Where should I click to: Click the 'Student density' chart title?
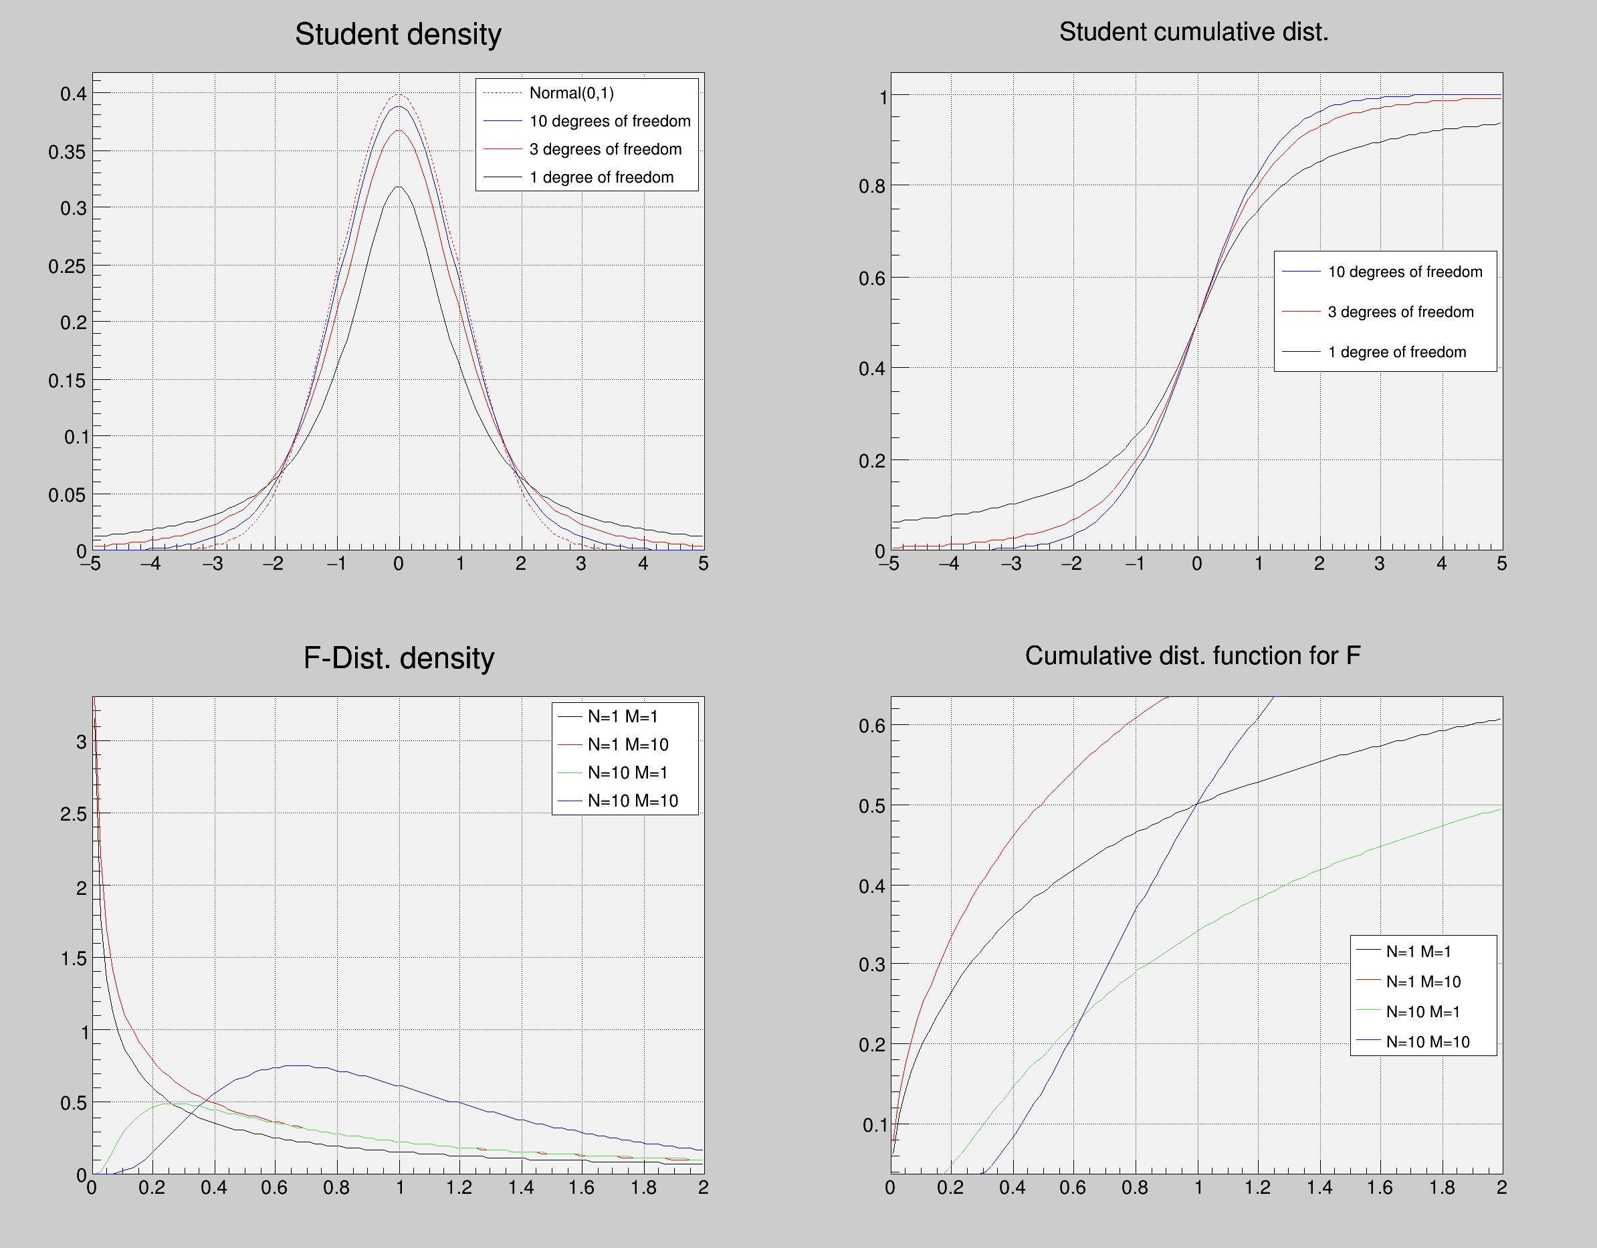398,34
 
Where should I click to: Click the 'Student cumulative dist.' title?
1193,32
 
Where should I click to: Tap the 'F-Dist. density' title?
399,658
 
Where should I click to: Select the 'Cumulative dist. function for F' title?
1192,656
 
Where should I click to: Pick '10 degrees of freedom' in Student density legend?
609,121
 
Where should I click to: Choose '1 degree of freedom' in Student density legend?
601,178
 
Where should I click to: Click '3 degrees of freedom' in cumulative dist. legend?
1400,312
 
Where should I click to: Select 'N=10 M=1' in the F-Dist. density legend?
627,772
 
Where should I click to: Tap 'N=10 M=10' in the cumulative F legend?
1427,1042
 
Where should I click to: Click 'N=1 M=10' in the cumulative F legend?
1423,982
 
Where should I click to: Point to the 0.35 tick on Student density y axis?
67,152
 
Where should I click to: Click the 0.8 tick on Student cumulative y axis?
871,187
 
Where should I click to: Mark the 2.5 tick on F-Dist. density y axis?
73,815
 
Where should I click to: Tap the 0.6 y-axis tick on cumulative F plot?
871,726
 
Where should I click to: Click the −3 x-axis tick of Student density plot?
213,564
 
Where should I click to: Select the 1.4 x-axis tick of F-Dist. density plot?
522,1187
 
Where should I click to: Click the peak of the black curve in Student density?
399,187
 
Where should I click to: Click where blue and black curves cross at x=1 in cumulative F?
1197,804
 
